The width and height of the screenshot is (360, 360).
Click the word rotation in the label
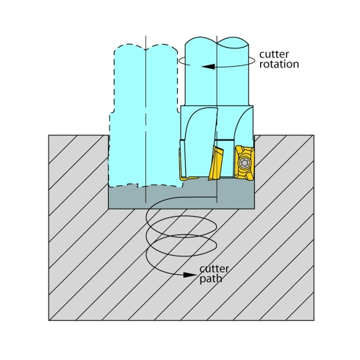pos(279,64)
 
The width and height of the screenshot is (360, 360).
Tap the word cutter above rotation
pos(274,54)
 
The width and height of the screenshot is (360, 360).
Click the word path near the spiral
pos(211,279)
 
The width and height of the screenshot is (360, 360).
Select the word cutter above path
pos(215,269)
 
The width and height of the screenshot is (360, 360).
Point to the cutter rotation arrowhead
pos(208,66)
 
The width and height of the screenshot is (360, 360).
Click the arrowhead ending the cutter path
pos(190,275)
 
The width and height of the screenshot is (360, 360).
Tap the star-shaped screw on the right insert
pos(244,163)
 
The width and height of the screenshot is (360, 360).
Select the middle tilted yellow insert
pos(215,163)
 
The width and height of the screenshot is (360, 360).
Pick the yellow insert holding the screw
pos(245,163)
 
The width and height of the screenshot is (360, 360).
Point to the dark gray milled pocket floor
pos(181,196)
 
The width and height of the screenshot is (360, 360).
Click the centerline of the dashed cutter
pos(145,119)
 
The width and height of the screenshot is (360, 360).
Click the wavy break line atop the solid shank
pos(217,41)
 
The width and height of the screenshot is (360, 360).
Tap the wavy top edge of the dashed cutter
pos(145,48)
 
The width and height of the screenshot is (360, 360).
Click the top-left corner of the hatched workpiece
pos(48,135)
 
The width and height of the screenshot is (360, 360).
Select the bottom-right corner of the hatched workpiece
pos(314,320)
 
